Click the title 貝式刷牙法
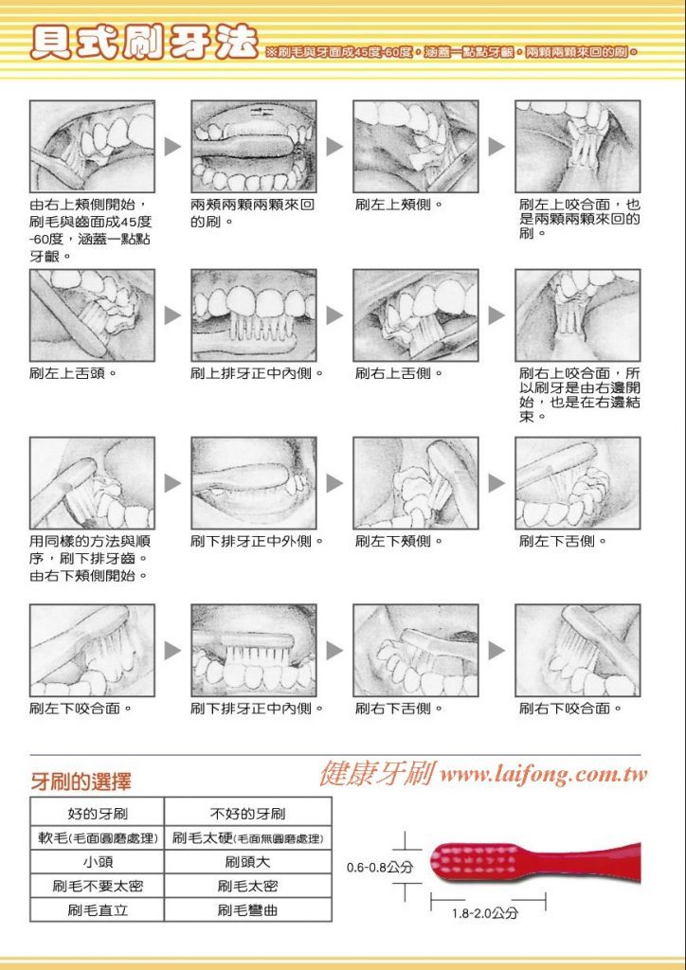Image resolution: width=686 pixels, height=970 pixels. point(143,43)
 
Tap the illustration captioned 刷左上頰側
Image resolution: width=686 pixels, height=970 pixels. point(416,147)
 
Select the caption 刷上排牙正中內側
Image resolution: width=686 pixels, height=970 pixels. point(258,373)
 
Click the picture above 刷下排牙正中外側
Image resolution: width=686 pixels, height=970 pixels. point(254,483)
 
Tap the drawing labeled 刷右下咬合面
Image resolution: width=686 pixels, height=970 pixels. point(578,651)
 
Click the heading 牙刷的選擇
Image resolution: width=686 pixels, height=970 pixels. point(81,781)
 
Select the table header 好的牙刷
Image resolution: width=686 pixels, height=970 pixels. point(97,814)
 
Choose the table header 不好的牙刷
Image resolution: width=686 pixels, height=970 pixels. point(248,814)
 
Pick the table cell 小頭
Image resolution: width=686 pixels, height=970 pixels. point(97,862)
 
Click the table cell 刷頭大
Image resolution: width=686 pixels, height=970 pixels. point(248,862)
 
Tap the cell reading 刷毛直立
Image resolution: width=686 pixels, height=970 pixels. point(97,910)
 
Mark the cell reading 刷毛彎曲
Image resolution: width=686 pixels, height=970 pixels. point(248,910)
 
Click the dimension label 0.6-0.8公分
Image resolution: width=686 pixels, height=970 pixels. point(380,868)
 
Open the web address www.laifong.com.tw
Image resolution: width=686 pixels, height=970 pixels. point(544,774)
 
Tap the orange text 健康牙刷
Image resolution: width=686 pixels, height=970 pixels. point(377,773)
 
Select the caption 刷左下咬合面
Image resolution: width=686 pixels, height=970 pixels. point(81,709)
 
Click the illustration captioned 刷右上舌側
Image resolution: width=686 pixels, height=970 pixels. point(416,315)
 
